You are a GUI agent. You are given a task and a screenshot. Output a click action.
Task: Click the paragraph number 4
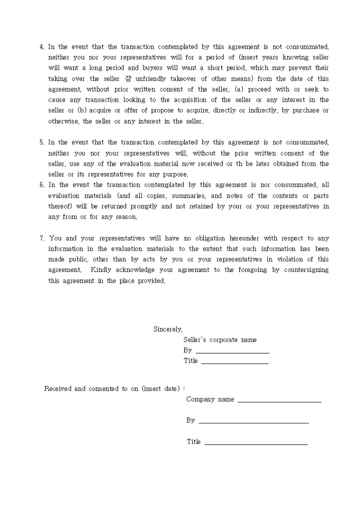[42, 47]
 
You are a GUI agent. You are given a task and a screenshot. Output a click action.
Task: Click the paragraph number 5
[42, 142]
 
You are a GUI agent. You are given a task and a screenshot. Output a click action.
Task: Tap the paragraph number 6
[42, 185]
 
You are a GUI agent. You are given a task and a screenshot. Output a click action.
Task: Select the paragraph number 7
[42, 238]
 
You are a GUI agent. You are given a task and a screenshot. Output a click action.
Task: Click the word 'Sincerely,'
[168, 329]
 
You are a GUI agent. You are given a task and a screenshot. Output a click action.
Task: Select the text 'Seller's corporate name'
[220, 340]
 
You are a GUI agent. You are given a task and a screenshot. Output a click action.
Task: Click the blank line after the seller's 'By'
[232, 351]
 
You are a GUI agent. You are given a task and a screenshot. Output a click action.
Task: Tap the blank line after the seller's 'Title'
[235, 362]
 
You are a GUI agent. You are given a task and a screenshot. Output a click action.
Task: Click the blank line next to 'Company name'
[280, 401]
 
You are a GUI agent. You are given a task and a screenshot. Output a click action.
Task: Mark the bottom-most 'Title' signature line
[256, 443]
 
